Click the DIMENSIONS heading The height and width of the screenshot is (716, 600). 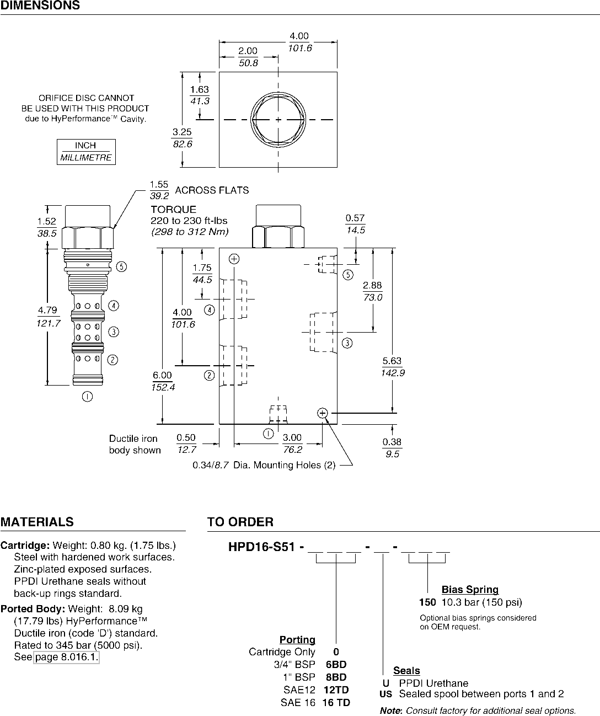tap(40, 5)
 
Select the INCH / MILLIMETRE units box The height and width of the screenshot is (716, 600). tap(86, 152)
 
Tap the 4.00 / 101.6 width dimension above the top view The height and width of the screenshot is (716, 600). tap(299, 42)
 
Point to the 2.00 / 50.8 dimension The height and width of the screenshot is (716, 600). tap(248, 57)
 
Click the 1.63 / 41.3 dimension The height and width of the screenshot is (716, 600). tap(200, 95)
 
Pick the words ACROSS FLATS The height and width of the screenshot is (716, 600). tap(212, 190)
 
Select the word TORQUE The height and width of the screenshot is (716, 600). tap(174, 209)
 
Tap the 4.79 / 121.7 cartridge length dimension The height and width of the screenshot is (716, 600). tap(48, 317)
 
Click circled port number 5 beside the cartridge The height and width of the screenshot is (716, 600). tap(121, 266)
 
